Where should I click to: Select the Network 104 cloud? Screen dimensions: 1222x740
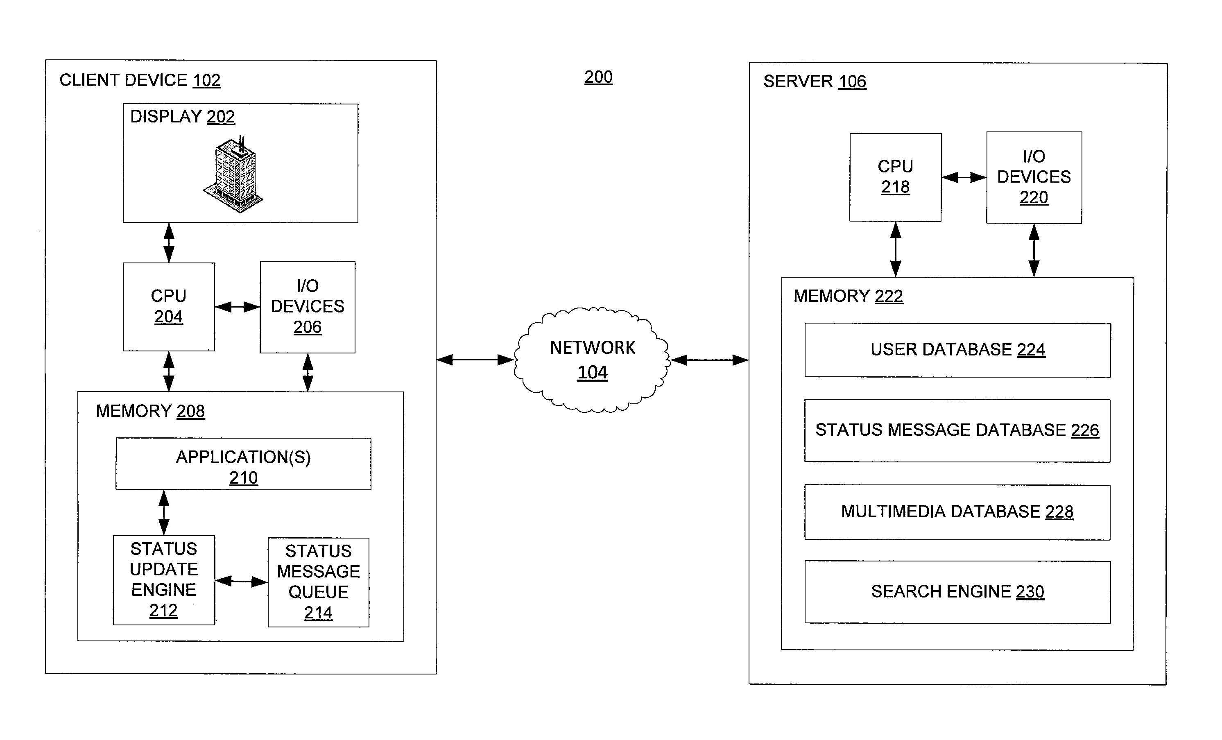tap(592, 360)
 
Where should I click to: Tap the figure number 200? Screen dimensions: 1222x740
tap(598, 77)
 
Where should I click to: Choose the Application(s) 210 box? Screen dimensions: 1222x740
tap(244, 464)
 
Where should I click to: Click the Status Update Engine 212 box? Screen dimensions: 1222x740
tap(164, 580)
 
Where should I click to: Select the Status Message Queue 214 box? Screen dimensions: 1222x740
tap(318, 582)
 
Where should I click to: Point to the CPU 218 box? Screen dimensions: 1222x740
tap(895, 177)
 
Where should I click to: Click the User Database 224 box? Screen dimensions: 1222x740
tap(957, 350)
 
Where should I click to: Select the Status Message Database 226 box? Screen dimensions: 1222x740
tap(957, 430)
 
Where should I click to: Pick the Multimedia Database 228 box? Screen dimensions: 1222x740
tap(957, 512)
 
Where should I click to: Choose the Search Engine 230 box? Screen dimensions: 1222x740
tap(957, 592)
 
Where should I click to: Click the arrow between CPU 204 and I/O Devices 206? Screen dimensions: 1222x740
tap(238, 307)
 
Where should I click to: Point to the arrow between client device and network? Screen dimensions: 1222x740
tap(475, 360)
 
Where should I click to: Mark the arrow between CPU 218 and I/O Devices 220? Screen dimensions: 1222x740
tap(964, 177)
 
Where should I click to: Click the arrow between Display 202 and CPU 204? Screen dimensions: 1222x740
tap(169, 242)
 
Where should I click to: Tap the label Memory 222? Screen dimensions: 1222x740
tap(848, 296)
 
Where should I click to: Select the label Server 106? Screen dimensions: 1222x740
tap(815, 81)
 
